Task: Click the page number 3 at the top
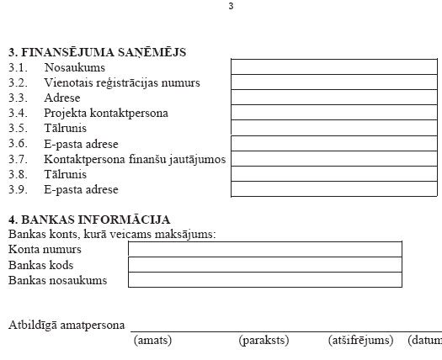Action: click(231, 7)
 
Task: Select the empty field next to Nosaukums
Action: click(335, 66)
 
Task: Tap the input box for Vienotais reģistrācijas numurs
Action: click(335, 82)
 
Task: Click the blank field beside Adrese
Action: click(335, 98)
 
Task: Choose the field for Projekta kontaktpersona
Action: click(335, 113)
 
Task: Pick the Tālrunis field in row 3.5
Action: click(335, 128)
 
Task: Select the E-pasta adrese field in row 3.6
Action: click(335, 144)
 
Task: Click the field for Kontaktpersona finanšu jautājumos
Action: click(335, 159)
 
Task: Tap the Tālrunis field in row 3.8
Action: click(335, 174)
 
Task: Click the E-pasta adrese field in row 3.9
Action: click(335, 189)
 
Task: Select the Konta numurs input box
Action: click(264, 249)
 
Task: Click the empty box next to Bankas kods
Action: click(264, 264)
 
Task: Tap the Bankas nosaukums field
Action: click(264, 279)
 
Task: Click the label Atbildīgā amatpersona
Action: click(67, 325)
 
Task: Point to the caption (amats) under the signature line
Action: click(153, 341)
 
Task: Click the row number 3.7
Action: click(19, 159)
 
